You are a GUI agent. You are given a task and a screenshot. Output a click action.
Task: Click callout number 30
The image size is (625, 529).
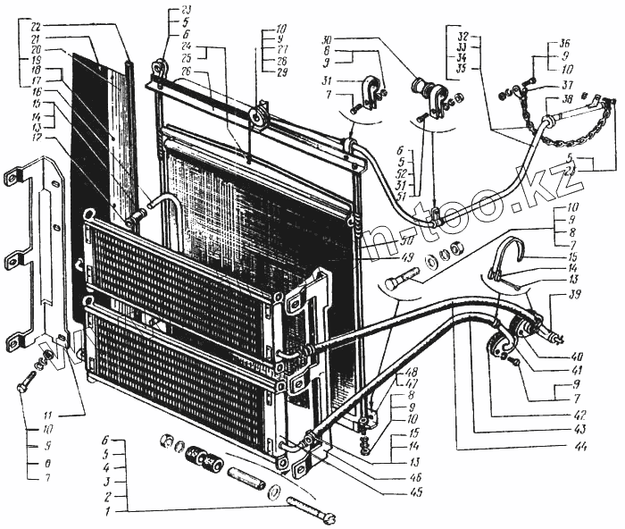pos(328,39)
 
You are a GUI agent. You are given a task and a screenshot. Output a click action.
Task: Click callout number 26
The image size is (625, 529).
pos(212,71)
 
